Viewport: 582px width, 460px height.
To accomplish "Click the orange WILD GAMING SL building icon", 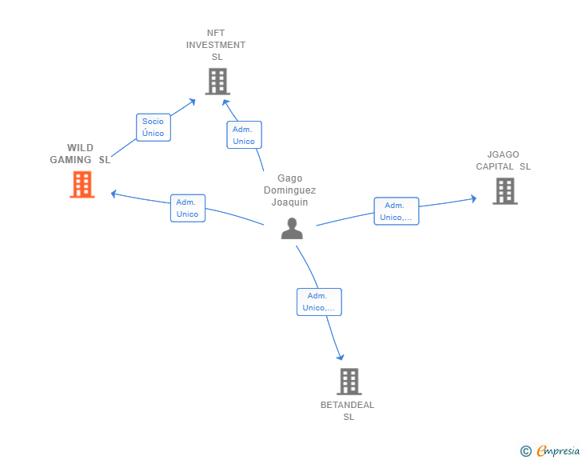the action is (82, 184).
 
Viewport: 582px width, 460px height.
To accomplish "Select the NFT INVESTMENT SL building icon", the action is (217, 82).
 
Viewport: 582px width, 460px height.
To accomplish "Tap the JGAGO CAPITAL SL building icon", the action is (504, 191).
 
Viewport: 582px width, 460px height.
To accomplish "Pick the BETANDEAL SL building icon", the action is (349, 382).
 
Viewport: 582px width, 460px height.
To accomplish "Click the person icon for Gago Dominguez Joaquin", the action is (292, 229).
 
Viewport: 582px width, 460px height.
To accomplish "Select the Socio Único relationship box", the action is (153, 127).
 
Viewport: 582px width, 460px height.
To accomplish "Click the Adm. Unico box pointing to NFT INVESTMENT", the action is (244, 135).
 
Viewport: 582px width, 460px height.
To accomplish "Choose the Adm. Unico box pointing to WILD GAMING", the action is (187, 208).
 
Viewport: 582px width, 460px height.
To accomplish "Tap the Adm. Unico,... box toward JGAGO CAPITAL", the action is (396, 211).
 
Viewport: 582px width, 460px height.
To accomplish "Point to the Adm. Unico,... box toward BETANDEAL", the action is (319, 302).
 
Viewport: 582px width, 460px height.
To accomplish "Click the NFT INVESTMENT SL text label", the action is (216, 45).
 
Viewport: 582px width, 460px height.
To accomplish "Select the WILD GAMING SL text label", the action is (80, 154).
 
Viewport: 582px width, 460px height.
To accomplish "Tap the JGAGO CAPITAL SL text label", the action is (504, 161).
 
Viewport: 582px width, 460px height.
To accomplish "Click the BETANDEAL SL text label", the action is (348, 411).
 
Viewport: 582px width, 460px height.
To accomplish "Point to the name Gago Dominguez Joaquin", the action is (290, 190).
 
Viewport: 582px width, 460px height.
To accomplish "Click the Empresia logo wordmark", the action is (558, 451).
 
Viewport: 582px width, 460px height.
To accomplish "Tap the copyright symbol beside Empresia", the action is (525, 451).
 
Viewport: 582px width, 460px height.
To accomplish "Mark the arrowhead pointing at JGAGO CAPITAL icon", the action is (474, 198).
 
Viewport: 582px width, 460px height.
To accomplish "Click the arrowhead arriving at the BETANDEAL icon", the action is (341, 358).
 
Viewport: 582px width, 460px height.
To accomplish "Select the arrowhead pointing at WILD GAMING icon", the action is (114, 194).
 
